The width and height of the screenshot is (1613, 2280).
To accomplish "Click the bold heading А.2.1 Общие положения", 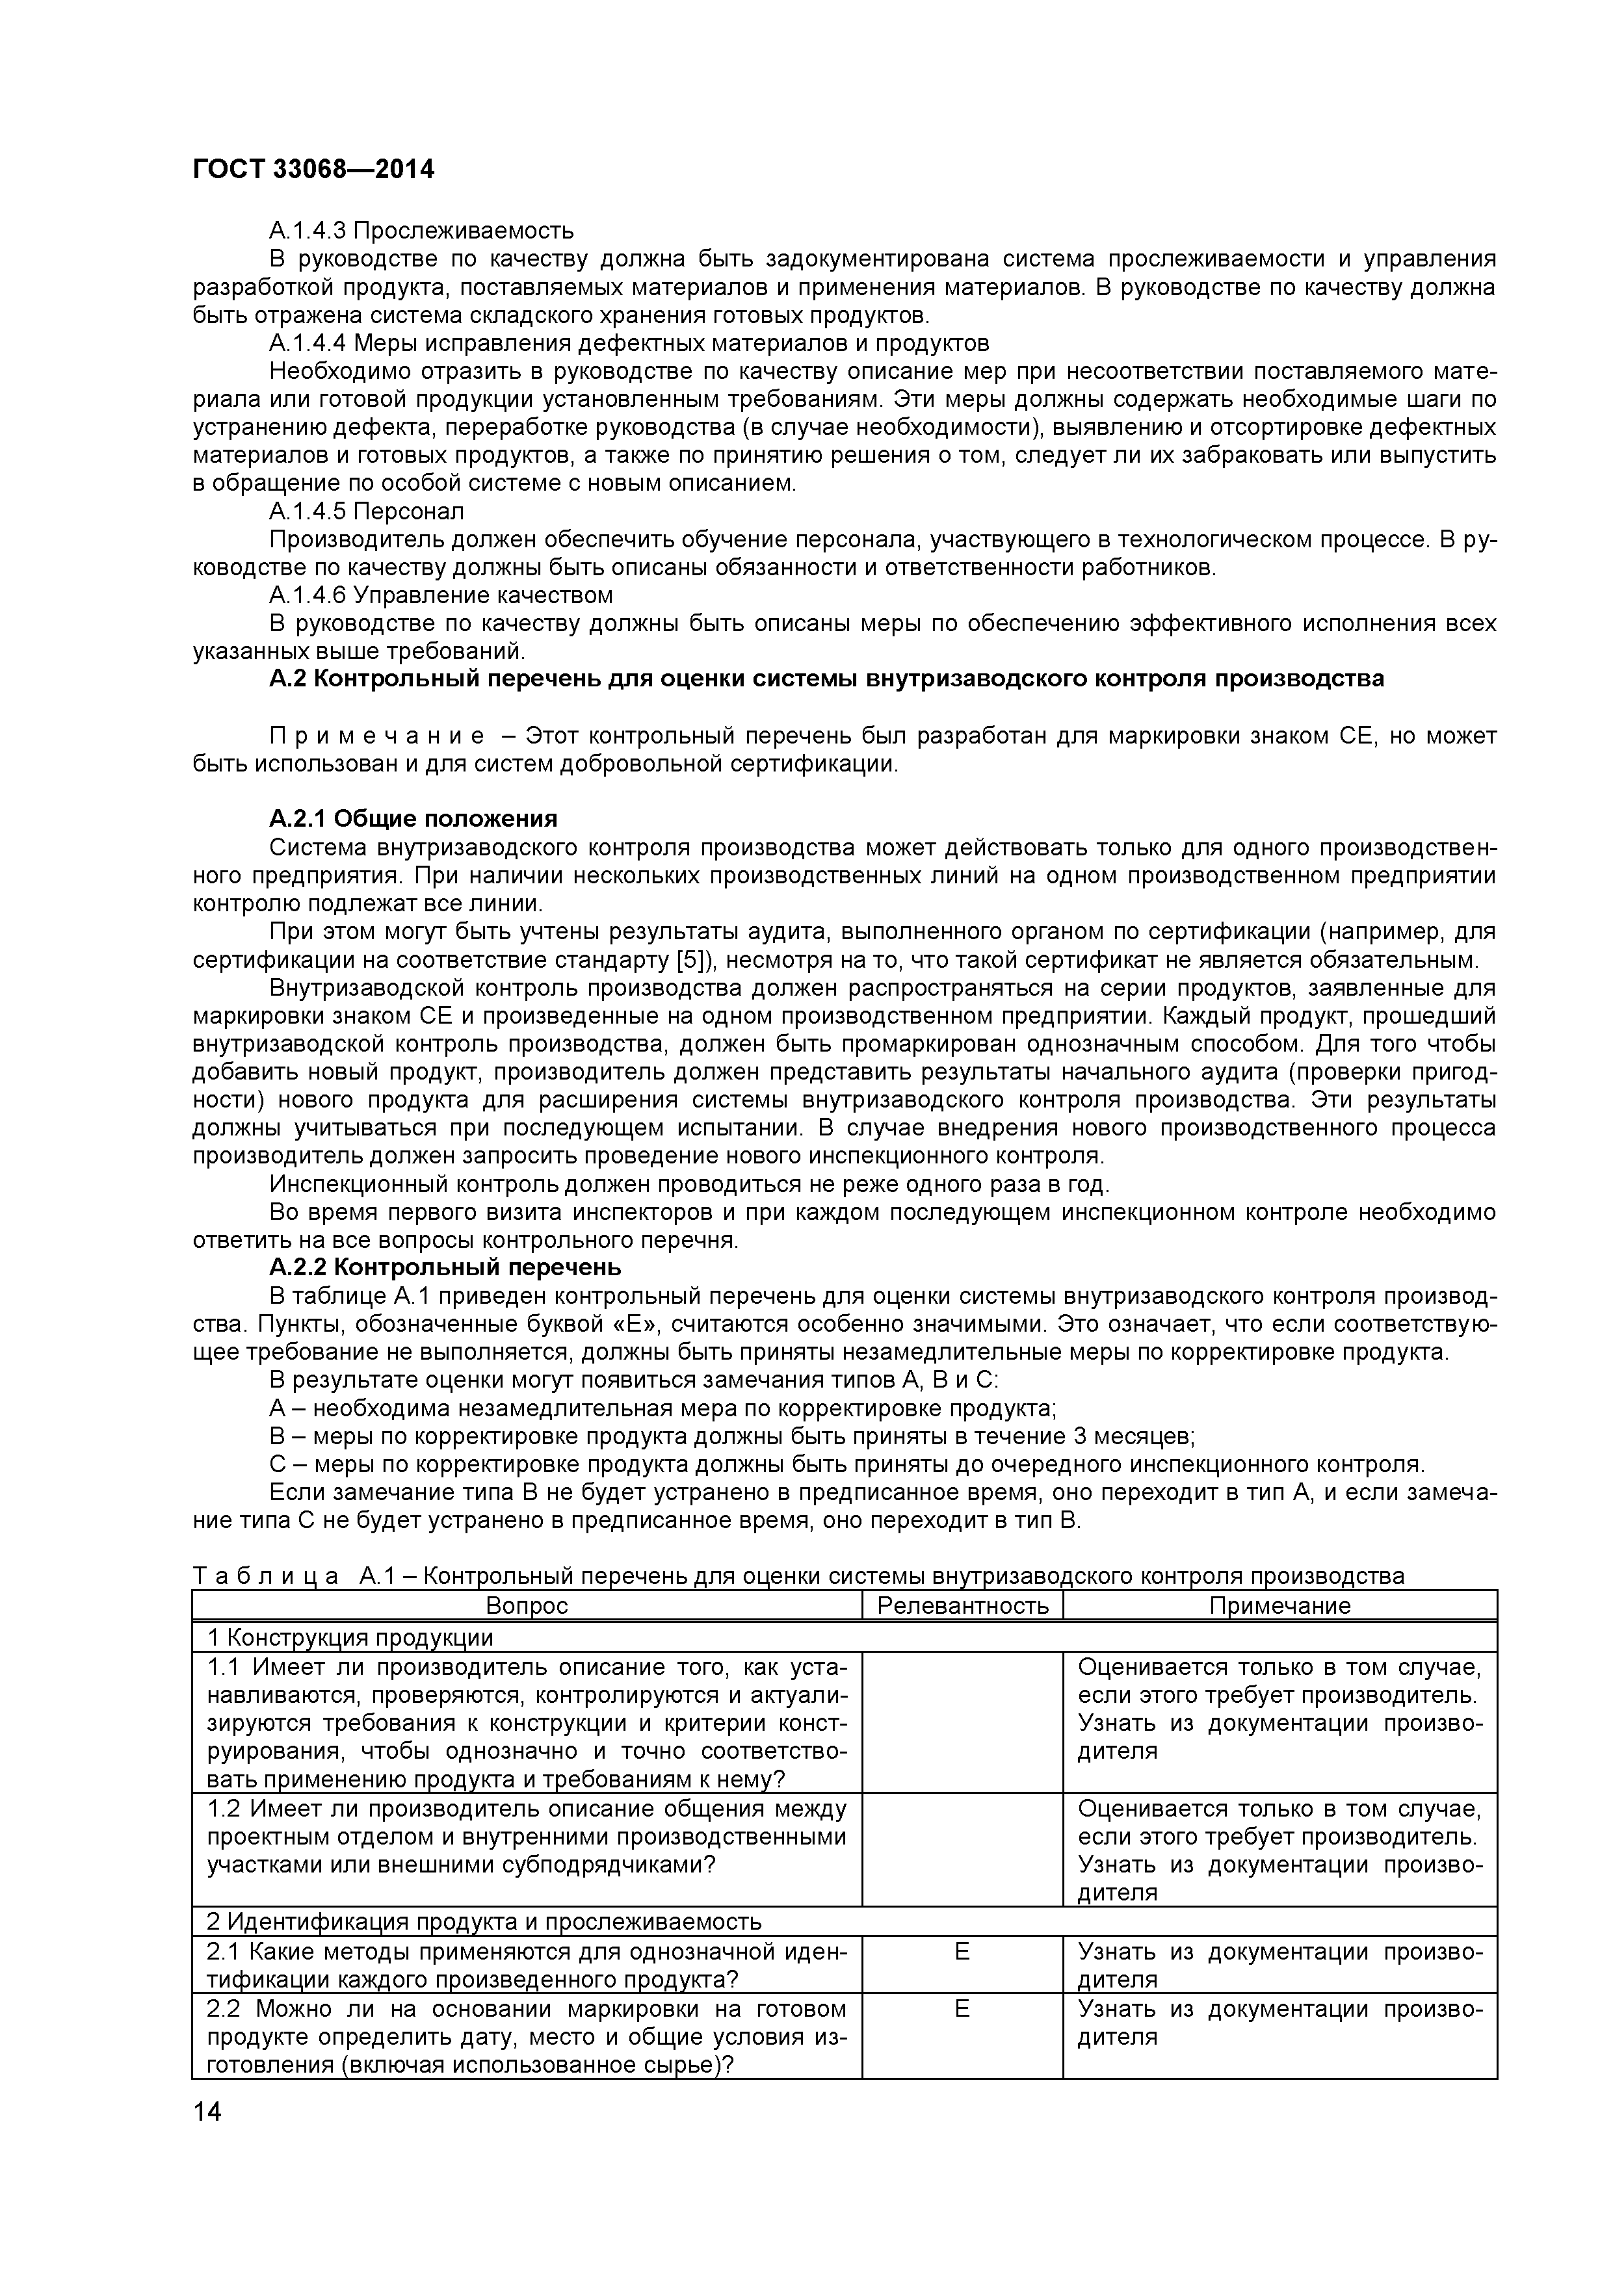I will tap(413, 819).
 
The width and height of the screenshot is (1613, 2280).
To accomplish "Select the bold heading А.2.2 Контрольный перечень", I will tap(445, 1268).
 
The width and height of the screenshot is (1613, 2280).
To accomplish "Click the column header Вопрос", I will tap(527, 1607).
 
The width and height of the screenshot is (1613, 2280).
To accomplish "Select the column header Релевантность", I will tap(962, 1607).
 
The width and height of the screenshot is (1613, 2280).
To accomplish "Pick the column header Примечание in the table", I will tap(1279, 1607).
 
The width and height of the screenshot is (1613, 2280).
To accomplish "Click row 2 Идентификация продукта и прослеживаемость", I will tap(484, 1921).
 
